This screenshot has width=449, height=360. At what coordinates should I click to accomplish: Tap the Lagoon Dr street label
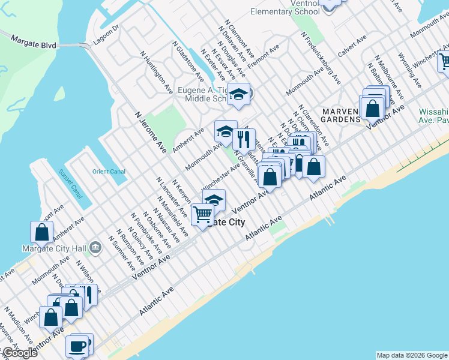coord(107,35)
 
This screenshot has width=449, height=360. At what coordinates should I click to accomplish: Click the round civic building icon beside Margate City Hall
coord(95,247)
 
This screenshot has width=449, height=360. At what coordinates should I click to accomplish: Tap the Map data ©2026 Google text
coord(411,355)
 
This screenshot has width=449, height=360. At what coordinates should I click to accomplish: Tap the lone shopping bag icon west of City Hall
coord(41,232)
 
